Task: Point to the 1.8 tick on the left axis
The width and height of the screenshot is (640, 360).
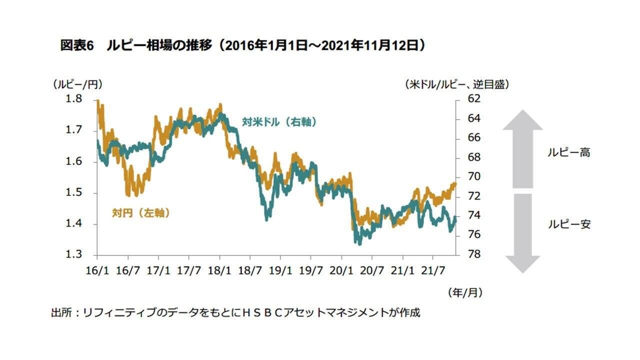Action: click(x=74, y=99)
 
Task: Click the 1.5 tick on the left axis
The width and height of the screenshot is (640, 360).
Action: click(x=74, y=193)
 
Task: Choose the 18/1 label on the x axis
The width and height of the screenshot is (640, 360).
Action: click(x=219, y=270)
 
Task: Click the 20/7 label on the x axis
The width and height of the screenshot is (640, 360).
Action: click(x=372, y=270)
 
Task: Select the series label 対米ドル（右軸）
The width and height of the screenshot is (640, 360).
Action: click(x=279, y=121)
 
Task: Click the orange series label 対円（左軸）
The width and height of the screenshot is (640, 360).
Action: click(x=140, y=213)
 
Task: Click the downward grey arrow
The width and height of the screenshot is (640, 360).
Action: click(x=522, y=233)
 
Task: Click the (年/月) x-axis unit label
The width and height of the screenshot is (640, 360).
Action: click(x=465, y=292)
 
